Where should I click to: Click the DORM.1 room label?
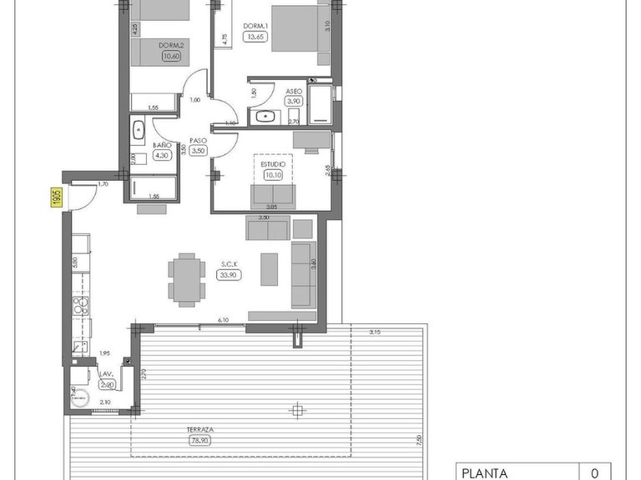[x=255, y=26]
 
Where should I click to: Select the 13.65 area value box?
[x=255, y=37]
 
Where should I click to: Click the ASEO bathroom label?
[x=294, y=91]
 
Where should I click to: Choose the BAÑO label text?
[x=162, y=144]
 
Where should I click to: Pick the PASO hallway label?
[x=198, y=140]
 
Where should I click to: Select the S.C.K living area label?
[x=229, y=264]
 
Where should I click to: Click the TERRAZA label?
[x=200, y=430]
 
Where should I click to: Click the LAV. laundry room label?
[x=106, y=375]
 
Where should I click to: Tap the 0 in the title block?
[x=594, y=473]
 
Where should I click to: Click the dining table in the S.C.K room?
[x=185, y=278]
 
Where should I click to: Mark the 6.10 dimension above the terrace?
[x=223, y=320]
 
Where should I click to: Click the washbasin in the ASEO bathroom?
[x=265, y=117]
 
